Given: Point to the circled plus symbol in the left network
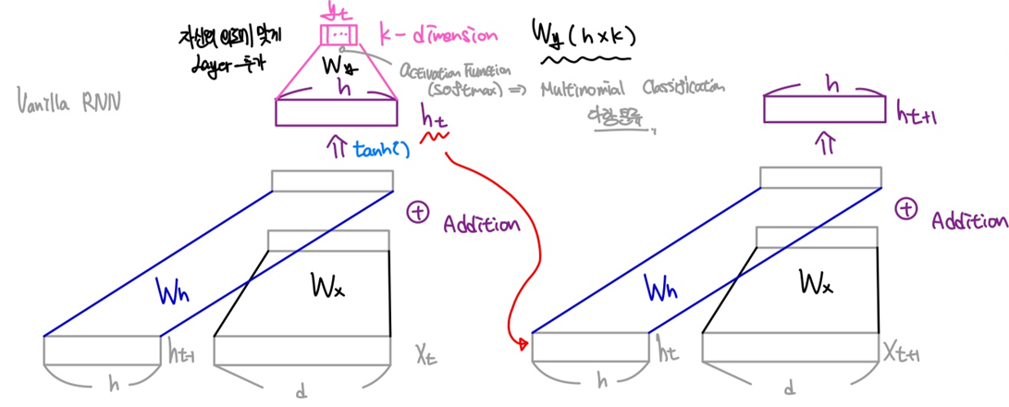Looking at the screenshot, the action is [418, 213].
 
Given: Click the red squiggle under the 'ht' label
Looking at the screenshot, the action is [435, 138].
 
